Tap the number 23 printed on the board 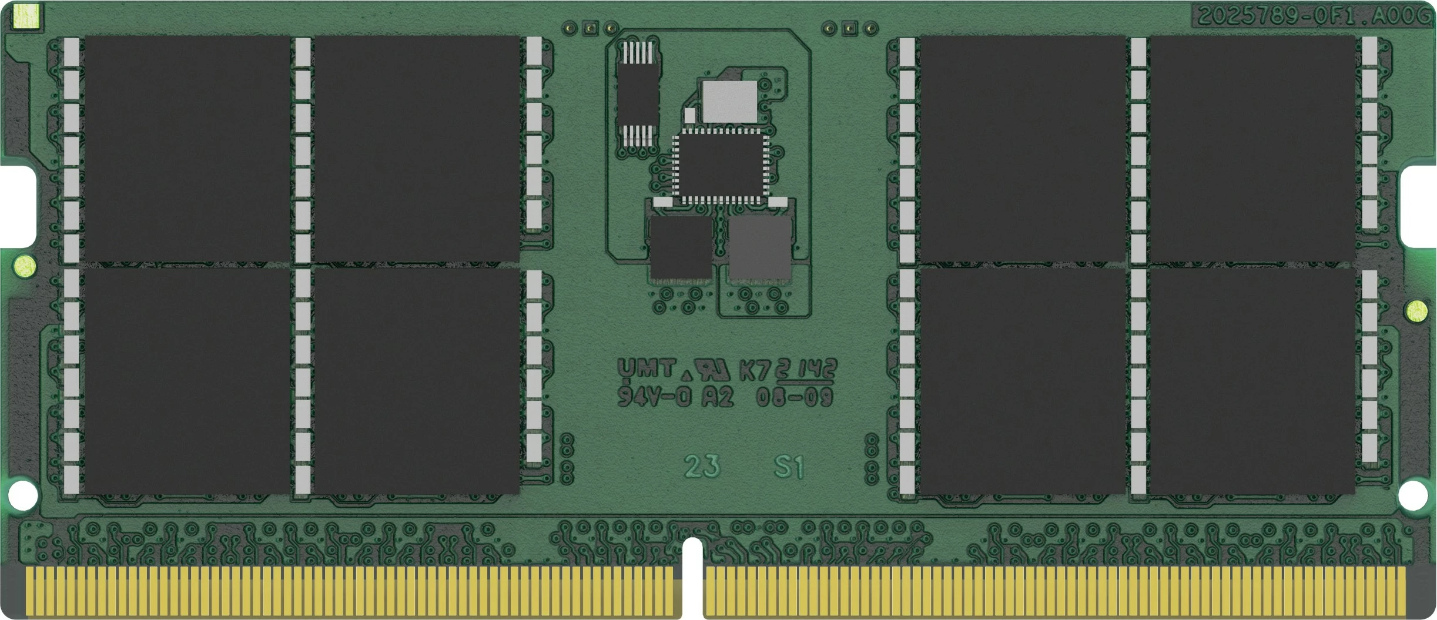(702, 467)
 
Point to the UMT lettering (646, 369)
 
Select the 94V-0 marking (654, 397)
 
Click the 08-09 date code (795, 397)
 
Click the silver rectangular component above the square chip (729, 102)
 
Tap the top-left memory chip (187, 148)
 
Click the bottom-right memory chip (1252, 381)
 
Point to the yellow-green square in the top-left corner (26, 16)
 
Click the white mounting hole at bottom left (23, 495)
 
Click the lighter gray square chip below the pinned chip (760, 248)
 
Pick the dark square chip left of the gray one (681, 248)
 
